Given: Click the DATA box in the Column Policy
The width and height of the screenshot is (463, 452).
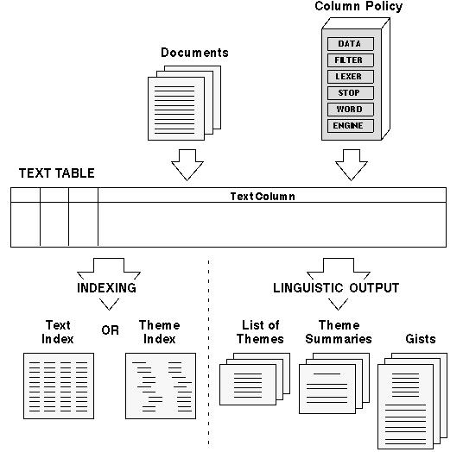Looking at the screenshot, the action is click(351, 44).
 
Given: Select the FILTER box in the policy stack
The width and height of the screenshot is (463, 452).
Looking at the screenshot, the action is click(351, 60).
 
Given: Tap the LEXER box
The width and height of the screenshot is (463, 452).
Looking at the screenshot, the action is click(351, 77).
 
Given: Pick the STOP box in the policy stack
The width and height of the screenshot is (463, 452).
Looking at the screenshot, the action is click(351, 93).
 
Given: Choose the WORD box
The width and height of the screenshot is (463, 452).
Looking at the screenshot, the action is click(351, 110).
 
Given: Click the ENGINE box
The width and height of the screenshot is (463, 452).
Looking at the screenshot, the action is click(351, 126).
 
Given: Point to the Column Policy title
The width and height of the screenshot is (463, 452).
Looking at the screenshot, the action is click(358, 7).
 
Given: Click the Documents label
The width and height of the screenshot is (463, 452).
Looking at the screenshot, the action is click(194, 53).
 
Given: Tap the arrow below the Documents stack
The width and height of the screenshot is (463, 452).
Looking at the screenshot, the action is click(187, 165).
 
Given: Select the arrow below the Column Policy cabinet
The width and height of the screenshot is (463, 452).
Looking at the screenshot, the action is click(352, 165).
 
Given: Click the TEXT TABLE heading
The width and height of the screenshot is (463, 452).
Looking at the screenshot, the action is click(57, 173).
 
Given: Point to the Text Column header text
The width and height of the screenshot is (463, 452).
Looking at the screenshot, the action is click(263, 197).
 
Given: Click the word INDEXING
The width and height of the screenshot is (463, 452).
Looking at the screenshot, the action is click(106, 288).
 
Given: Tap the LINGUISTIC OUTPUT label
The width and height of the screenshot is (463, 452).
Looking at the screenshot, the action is click(336, 288).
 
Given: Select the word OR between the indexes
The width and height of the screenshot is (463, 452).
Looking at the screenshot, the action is click(111, 330).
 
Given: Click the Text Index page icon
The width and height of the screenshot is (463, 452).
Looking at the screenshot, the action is click(59, 386).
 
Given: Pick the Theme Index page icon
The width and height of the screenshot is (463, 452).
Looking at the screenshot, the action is click(161, 386).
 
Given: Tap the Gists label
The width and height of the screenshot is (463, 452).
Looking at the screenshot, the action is click(421, 339).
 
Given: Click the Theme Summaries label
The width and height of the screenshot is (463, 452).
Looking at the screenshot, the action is click(339, 332).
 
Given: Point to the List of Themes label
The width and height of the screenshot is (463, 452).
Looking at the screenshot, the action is click(260, 332).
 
